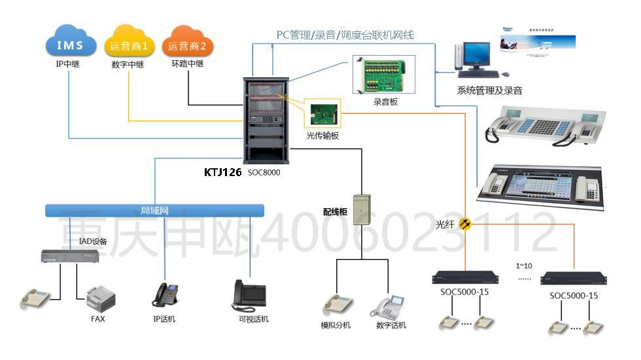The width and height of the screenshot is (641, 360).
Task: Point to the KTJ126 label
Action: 222,173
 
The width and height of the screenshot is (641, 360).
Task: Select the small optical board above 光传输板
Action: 322,115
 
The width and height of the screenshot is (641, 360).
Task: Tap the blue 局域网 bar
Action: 155,211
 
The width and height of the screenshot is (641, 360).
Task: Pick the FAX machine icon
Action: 101,299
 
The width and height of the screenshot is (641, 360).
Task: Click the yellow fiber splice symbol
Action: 466,224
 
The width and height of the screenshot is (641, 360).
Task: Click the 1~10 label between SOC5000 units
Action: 525,266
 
